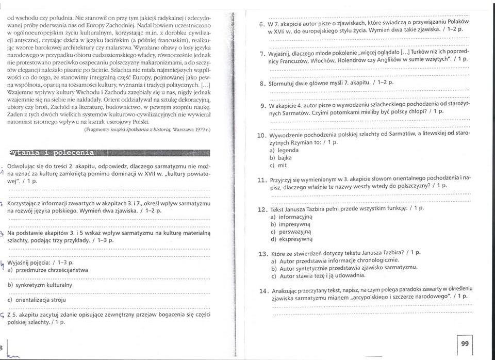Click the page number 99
(x=465, y=343)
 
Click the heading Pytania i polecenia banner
(x=52, y=153)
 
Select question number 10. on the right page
(x=261, y=136)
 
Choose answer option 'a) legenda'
(x=285, y=150)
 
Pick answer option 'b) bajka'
(x=282, y=158)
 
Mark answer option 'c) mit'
(x=279, y=166)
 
